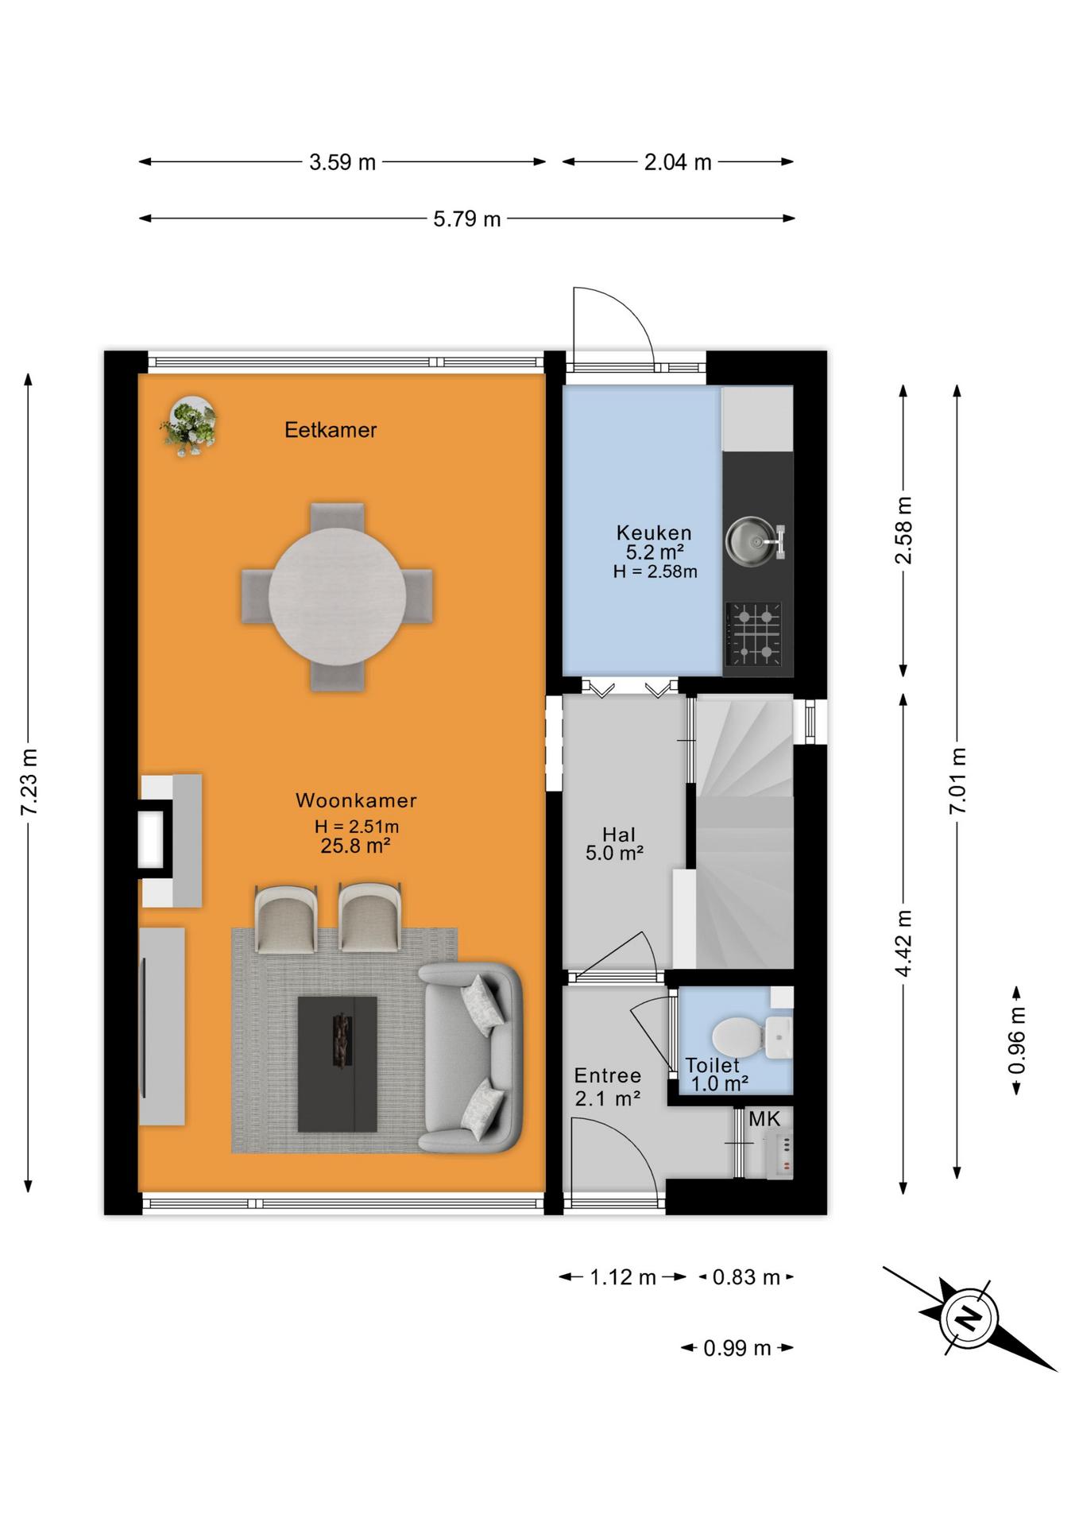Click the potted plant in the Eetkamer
[189, 426]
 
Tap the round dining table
[337, 596]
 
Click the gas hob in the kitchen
[753, 633]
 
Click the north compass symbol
[969, 1318]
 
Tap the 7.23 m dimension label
[29, 782]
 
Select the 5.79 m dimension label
[467, 219]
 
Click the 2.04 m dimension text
[678, 162]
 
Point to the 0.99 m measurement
[737, 1348]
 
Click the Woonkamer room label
[356, 800]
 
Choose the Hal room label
[618, 835]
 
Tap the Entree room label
[608, 1075]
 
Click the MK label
[764, 1119]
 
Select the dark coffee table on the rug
[337, 1063]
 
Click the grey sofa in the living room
[470, 1057]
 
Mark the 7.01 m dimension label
[957, 780]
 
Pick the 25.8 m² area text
[355, 846]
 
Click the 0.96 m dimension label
[1017, 1040]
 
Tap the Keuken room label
[654, 533]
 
